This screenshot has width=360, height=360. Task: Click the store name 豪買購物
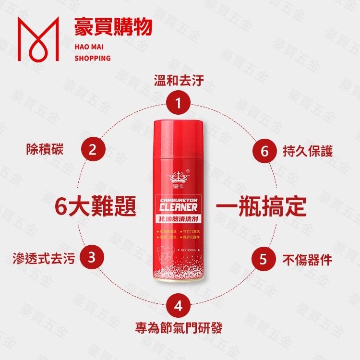pyautogui.click(x=113, y=27)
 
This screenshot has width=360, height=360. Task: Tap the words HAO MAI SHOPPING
pyautogui.click(x=93, y=51)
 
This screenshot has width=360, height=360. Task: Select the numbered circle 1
pyautogui.click(x=179, y=102)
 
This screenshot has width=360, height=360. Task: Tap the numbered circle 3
pyautogui.click(x=93, y=258)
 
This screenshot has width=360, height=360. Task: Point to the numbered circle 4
pyautogui.click(x=179, y=305)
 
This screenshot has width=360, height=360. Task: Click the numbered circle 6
pyautogui.click(x=264, y=150)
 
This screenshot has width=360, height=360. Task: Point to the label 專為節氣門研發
pyautogui.click(x=179, y=329)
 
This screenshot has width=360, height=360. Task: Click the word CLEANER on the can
pyautogui.click(x=178, y=207)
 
